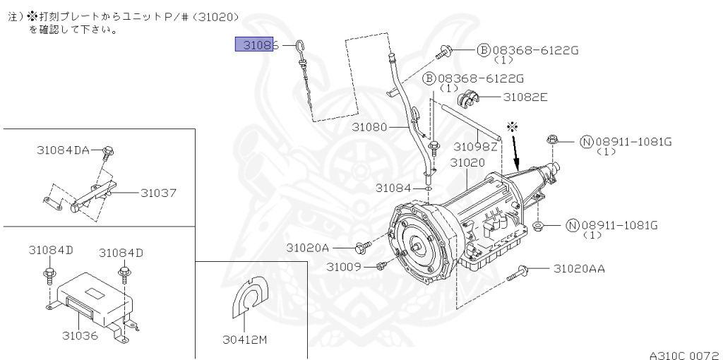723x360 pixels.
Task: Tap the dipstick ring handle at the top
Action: [x=299, y=46]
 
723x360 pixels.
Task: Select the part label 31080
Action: [x=369, y=127]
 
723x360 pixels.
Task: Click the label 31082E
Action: [x=525, y=97]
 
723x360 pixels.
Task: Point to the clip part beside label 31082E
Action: [x=468, y=97]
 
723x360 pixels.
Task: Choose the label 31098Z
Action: [x=475, y=146]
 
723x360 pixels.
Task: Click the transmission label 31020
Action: [x=467, y=162]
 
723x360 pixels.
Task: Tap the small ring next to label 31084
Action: [x=429, y=188]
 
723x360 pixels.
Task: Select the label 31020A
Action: [x=308, y=248]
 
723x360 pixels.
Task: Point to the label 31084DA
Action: [x=63, y=150]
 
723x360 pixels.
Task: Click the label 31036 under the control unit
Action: [x=80, y=335]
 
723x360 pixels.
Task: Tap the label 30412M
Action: [x=245, y=340]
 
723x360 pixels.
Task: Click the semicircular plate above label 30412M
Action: [x=249, y=296]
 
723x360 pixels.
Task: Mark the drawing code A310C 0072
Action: [x=684, y=355]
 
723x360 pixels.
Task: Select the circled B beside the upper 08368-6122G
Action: [x=483, y=50]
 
